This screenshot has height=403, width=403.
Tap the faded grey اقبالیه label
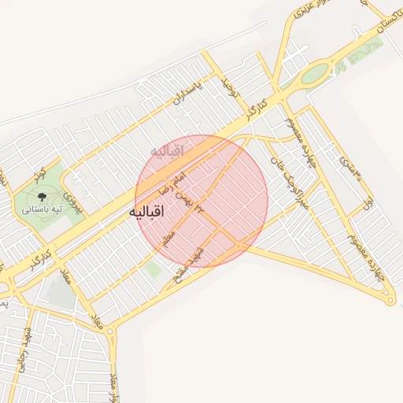coord(166,149)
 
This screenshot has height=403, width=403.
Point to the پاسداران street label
coord(187,92)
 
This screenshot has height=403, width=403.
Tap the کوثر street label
coord(37,172)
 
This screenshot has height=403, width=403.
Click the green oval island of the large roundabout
coord(315,73)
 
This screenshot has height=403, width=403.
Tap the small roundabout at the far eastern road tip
coord(389,299)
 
